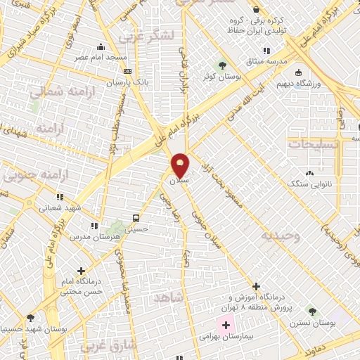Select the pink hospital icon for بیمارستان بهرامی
(x=225, y=325)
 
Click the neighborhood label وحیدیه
(x=279, y=236)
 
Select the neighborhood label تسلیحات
(x=315, y=142)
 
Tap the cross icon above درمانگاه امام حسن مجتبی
(x=82, y=271)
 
